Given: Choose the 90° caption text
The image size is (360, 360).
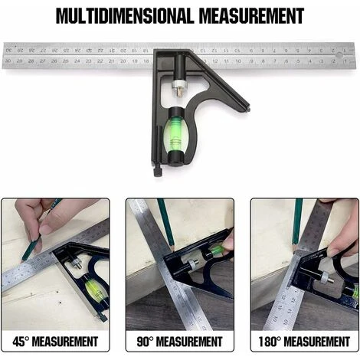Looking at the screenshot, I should point(180,341).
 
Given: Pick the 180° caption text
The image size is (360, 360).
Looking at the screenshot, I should point(305,341).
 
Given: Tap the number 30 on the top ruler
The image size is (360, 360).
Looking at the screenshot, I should point(8,60).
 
